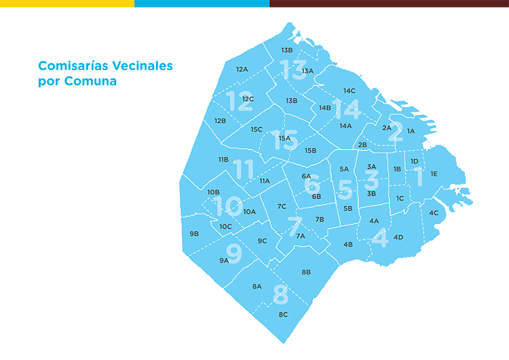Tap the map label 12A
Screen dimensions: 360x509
242,69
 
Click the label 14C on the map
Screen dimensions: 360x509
350,90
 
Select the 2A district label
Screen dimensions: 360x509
387,128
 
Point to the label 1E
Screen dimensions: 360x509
434,174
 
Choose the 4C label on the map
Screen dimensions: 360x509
434,213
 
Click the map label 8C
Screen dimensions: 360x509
283,314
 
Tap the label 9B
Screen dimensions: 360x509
194,234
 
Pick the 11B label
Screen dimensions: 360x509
223,160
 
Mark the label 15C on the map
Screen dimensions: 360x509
256,129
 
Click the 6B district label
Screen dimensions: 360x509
316,196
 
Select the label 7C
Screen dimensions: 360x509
282,206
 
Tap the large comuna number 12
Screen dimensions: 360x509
240,101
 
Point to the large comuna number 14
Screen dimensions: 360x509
346,108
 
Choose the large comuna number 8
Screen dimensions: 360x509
280,295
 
